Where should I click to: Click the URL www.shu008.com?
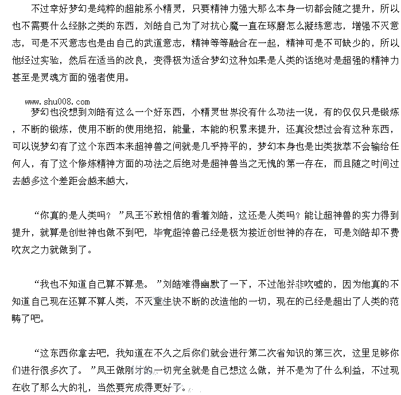point(57,102)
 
